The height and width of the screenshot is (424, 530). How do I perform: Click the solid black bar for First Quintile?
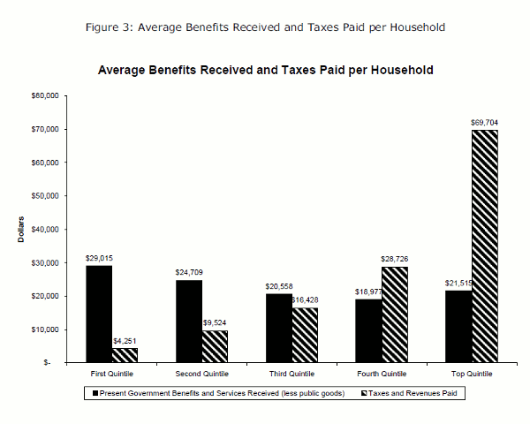point(98,314)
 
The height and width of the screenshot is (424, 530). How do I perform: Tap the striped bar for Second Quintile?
point(215,346)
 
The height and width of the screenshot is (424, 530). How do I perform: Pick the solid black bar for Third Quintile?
point(280,328)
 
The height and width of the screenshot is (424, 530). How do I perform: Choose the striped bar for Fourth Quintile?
point(396,314)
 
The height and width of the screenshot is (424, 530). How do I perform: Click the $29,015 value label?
point(99,258)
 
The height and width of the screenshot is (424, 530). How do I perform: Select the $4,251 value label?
point(125,341)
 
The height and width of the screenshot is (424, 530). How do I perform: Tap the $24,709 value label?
point(190,273)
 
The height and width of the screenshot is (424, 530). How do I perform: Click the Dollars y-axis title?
point(20,229)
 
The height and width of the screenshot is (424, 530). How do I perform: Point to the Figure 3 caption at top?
point(265,26)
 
